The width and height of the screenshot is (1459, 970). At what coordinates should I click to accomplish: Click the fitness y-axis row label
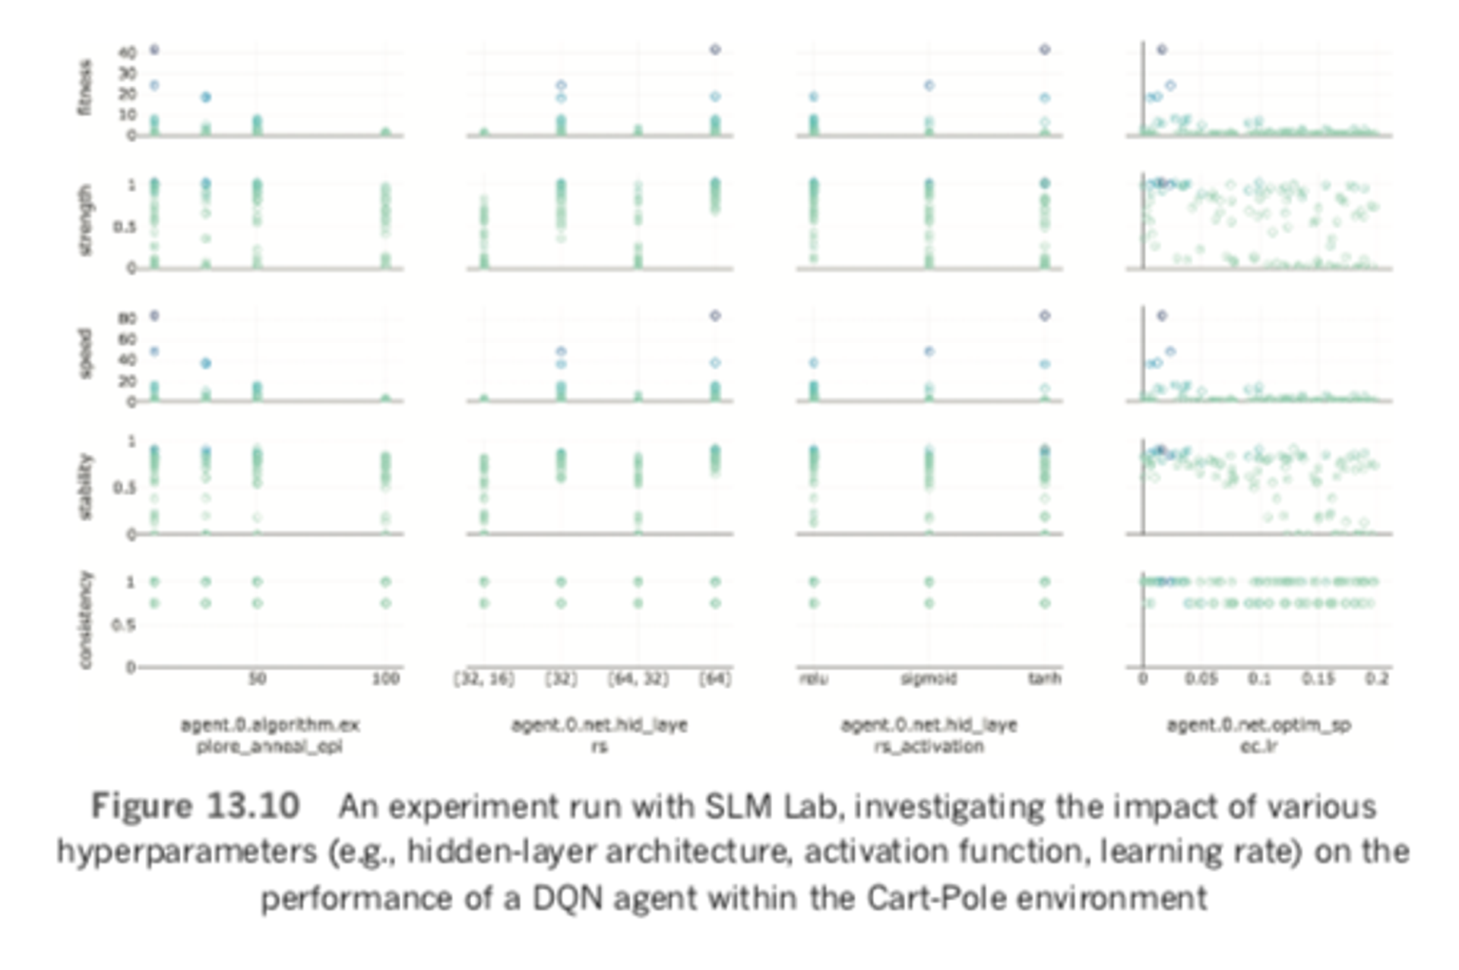[x=85, y=87]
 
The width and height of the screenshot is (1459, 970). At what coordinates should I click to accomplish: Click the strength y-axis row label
[x=85, y=220]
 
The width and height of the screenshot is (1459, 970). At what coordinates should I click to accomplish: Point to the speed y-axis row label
[x=85, y=353]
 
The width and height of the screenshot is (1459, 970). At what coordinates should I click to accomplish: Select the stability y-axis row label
[x=85, y=487]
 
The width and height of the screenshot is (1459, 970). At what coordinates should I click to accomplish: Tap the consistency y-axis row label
[x=85, y=620]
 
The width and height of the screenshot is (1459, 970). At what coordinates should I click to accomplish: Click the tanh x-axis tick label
[x=1044, y=678]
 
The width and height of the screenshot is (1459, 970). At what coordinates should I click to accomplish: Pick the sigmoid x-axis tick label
[x=929, y=678]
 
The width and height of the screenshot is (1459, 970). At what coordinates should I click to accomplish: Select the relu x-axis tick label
[x=814, y=678]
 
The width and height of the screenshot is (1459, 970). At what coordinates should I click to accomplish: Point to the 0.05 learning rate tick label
[x=1201, y=678]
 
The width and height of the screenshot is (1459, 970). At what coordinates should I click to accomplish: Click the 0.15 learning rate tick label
[x=1318, y=678]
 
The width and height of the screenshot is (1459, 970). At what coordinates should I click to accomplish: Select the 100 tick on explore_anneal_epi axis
[x=385, y=678]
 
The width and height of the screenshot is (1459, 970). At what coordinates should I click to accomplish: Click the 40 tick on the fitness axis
[x=127, y=52]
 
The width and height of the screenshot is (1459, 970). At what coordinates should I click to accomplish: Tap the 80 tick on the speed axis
[x=127, y=318]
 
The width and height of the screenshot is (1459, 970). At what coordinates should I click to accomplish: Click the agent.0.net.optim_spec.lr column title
[x=1258, y=735]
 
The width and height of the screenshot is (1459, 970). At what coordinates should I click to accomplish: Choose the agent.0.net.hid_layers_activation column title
[x=929, y=735]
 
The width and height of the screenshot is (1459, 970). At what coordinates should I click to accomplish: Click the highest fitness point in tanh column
[x=1045, y=49]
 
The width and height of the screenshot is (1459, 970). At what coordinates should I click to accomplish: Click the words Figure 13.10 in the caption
[x=195, y=806]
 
